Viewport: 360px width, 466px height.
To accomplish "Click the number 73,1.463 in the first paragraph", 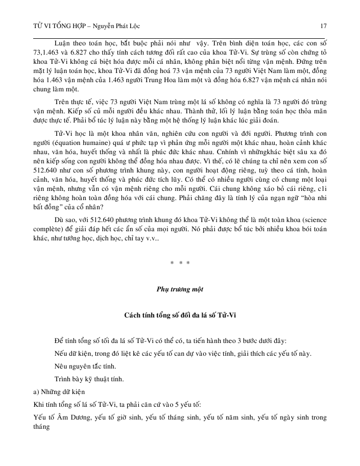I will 50,52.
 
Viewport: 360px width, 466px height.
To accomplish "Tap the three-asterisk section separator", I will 180,263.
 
